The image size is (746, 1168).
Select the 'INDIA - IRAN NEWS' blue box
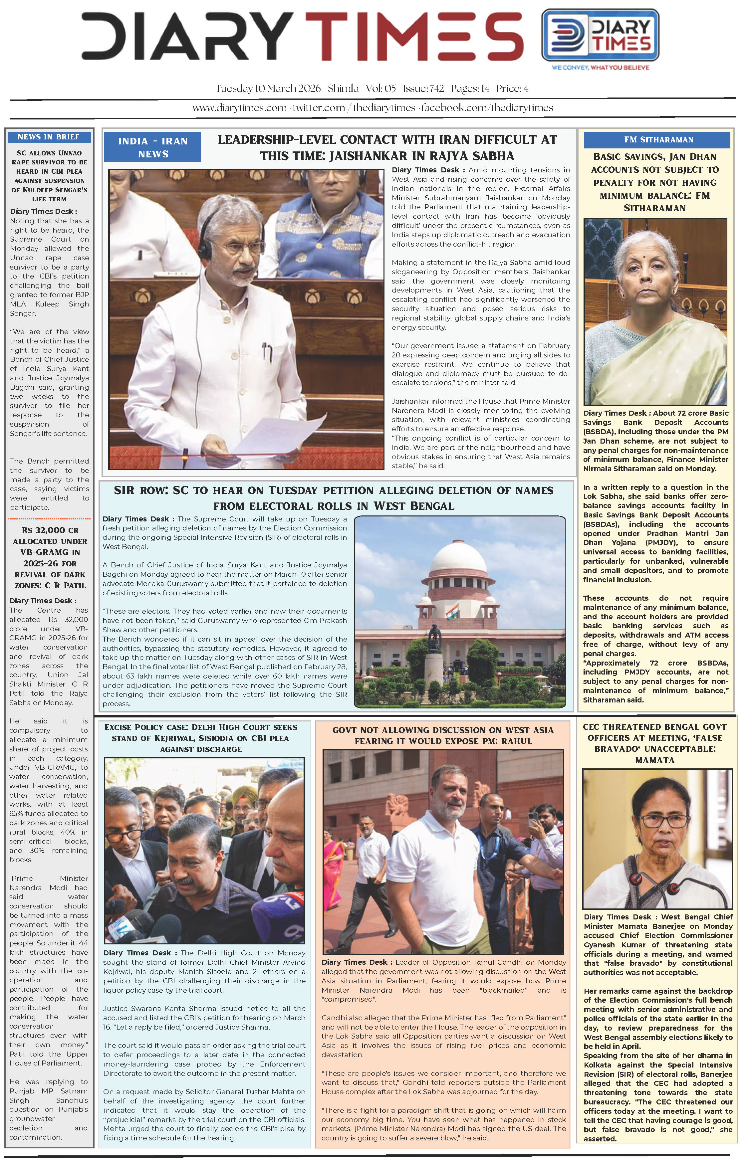[x=152, y=147]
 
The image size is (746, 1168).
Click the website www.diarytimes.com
[x=239, y=108]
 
